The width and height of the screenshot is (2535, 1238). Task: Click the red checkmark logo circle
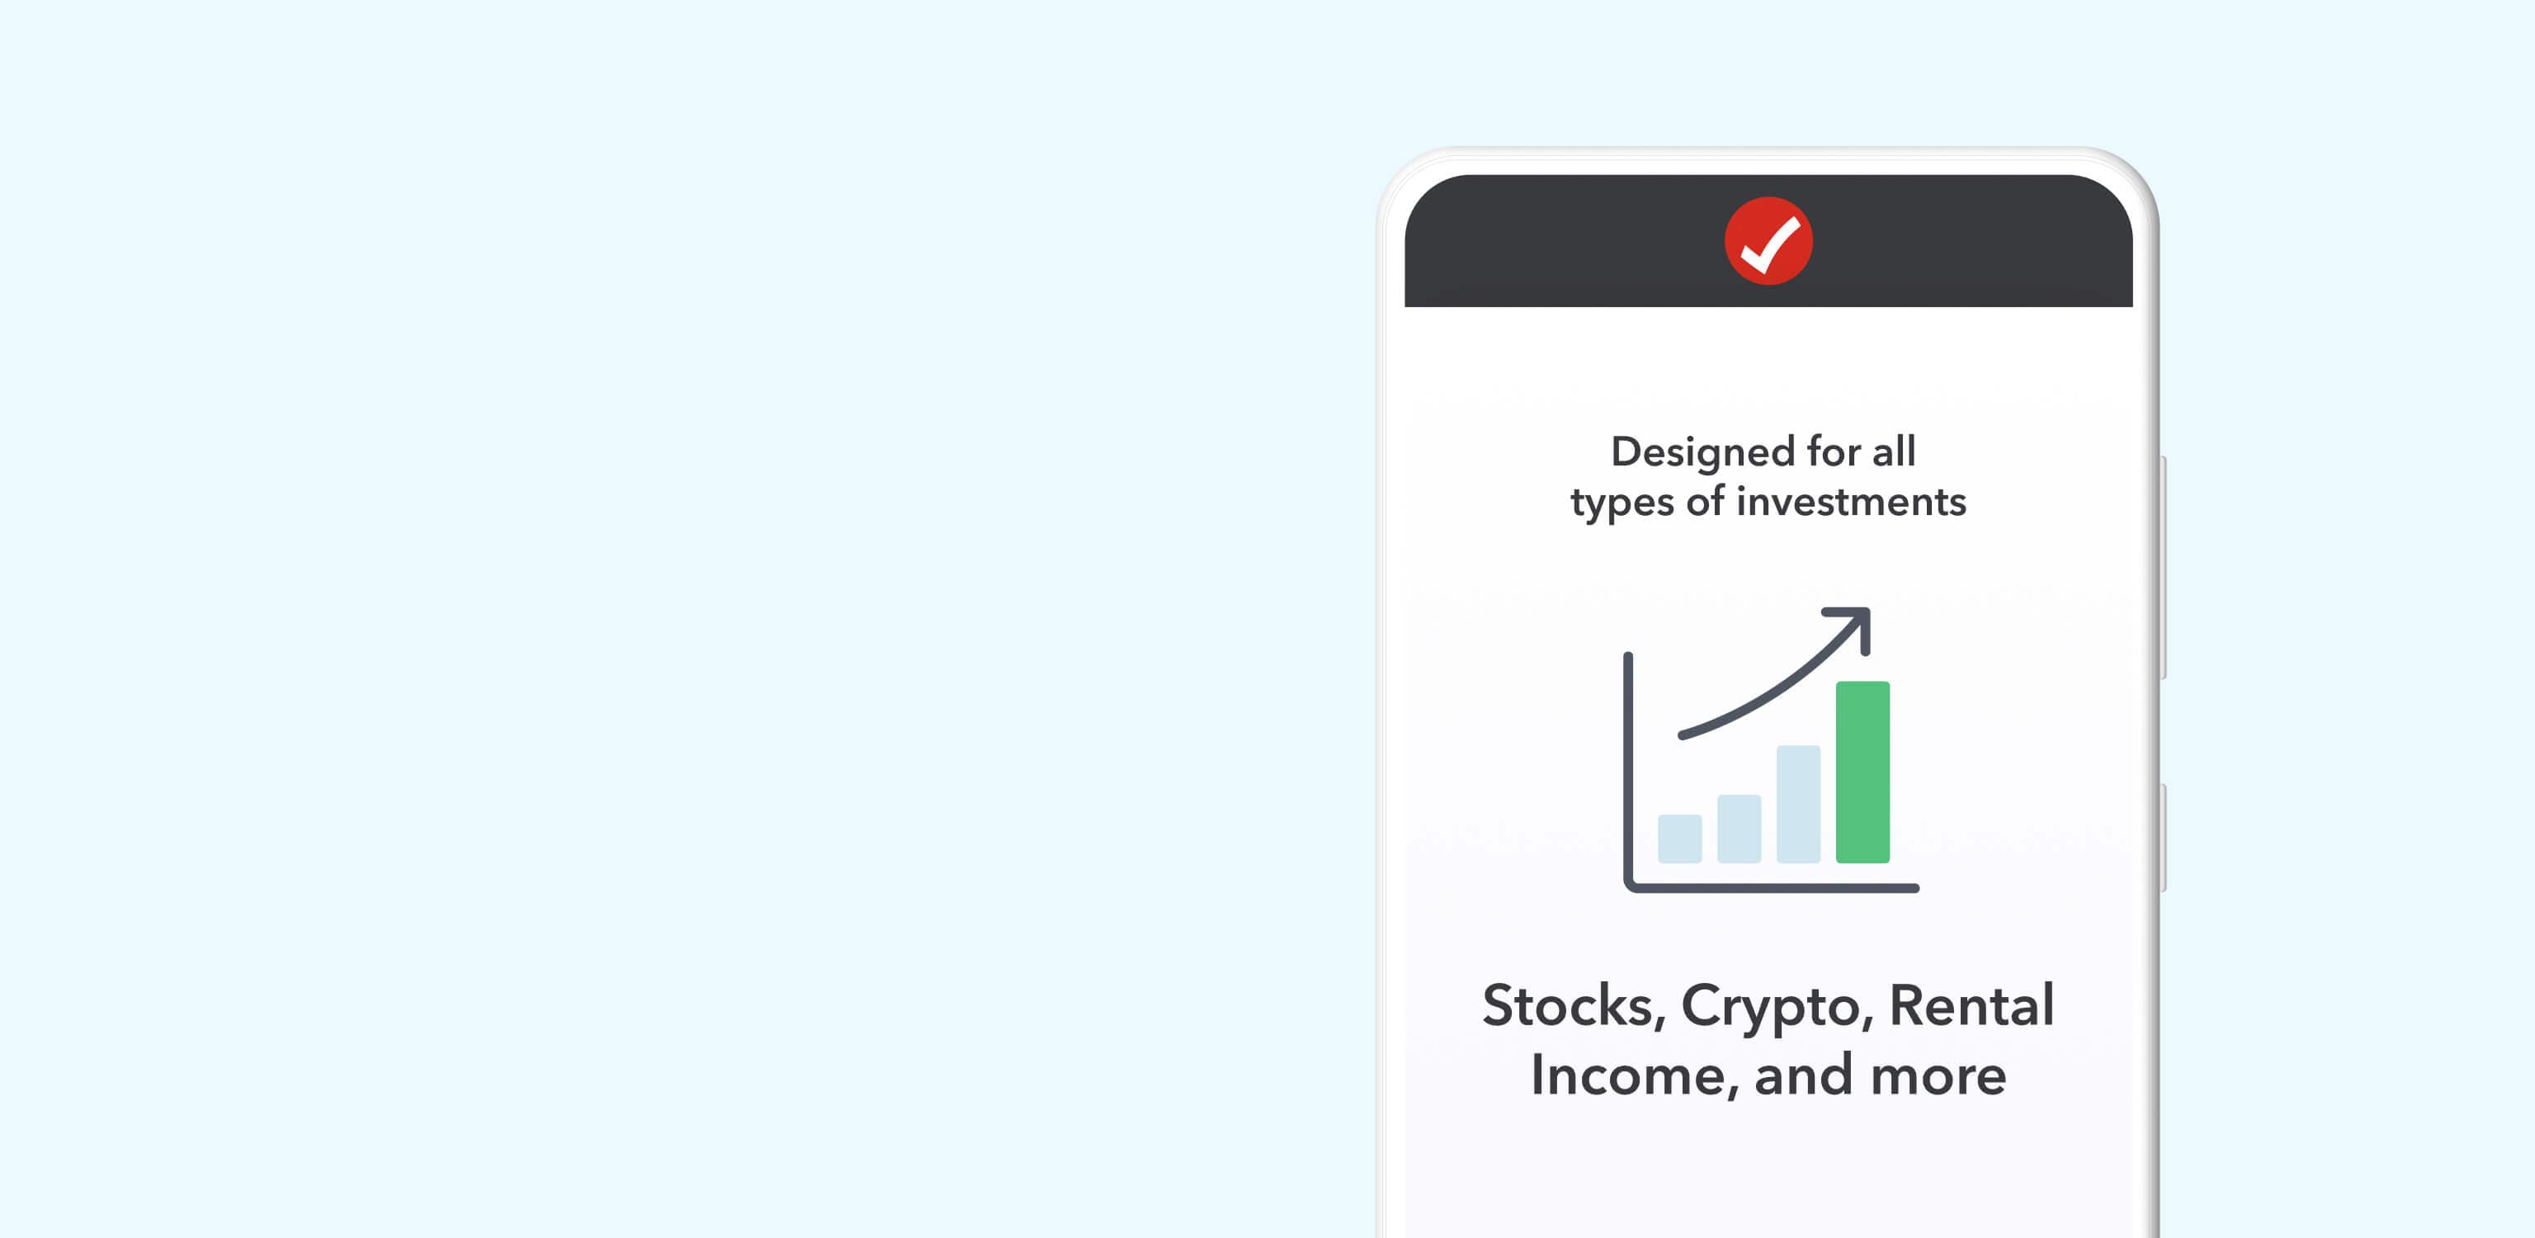point(1768,241)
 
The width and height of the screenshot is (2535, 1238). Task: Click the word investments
point(1851,502)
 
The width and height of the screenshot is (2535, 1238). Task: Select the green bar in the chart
point(1862,772)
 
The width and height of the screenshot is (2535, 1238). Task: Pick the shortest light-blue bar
point(1680,839)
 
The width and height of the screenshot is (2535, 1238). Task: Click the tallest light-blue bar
point(1798,804)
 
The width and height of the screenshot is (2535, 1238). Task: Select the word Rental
point(1971,1006)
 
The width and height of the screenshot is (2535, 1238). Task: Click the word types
point(1622,503)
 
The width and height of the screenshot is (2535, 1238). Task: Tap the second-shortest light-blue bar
point(1739,829)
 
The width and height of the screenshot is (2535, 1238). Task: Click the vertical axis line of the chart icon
point(1627,769)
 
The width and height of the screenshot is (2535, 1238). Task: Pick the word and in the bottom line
point(1804,1075)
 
